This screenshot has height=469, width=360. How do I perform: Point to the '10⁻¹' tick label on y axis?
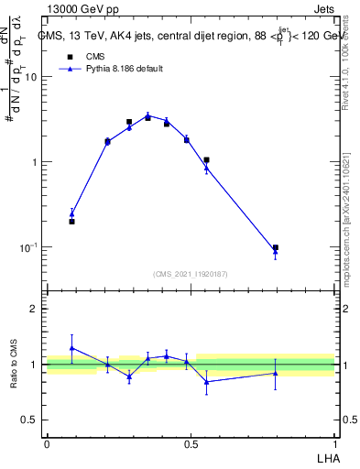pyautogui.click(x=27, y=248)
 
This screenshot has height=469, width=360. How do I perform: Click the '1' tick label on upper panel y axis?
pyautogui.click(x=34, y=162)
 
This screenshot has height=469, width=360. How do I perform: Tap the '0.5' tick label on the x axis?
pyautogui.click(x=191, y=443)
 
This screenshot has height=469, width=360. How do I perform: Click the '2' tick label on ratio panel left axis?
pyautogui.click(x=34, y=309)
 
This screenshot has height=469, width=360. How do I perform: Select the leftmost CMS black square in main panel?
pyautogui.click(x=72, y=221)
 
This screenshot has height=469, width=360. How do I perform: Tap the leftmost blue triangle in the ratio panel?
pyautogui.click(x=72, y=348)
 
